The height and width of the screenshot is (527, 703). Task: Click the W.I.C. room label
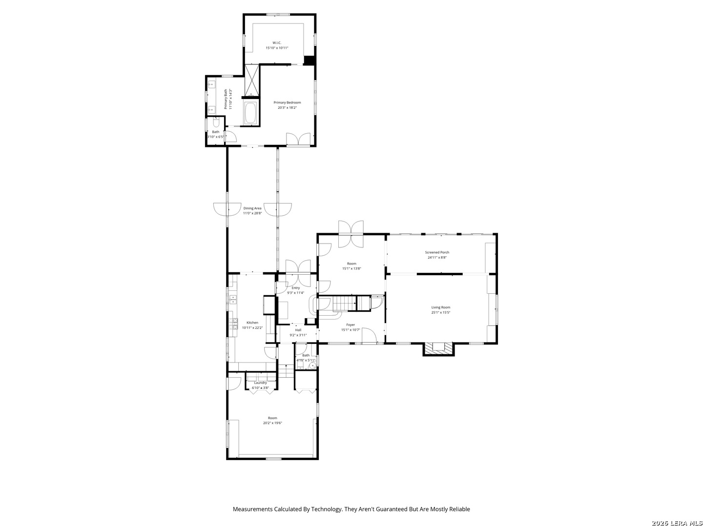coord(277,43)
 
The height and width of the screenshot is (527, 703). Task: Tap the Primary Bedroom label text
coord(287,102)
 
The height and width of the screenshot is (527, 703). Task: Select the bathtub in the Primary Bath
coord(250,113)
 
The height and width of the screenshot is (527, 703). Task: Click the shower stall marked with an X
coord(252,80)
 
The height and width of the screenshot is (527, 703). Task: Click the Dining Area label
coord(252,208)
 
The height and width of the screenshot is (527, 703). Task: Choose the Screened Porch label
coord(437,252)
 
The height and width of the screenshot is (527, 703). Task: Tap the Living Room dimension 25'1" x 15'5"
coord(441,312)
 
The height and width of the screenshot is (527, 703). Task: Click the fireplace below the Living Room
coord(437,348)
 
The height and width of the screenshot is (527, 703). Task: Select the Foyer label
coord(351,325)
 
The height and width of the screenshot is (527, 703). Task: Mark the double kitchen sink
coord(233,299)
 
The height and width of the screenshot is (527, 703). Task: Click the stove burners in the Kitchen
coord(233,322)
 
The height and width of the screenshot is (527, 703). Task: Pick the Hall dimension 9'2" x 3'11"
coord(298,335)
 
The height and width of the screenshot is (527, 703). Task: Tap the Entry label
coord(296,288)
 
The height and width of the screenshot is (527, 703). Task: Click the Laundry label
coord(260,383)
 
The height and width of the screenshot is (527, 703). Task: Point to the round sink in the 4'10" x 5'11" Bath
coord(312,365)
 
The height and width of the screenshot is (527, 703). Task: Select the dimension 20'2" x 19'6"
coord(272,423)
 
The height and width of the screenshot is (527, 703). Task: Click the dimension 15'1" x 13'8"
coord(351,268)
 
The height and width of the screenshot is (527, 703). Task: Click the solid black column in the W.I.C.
coord(309,61)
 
